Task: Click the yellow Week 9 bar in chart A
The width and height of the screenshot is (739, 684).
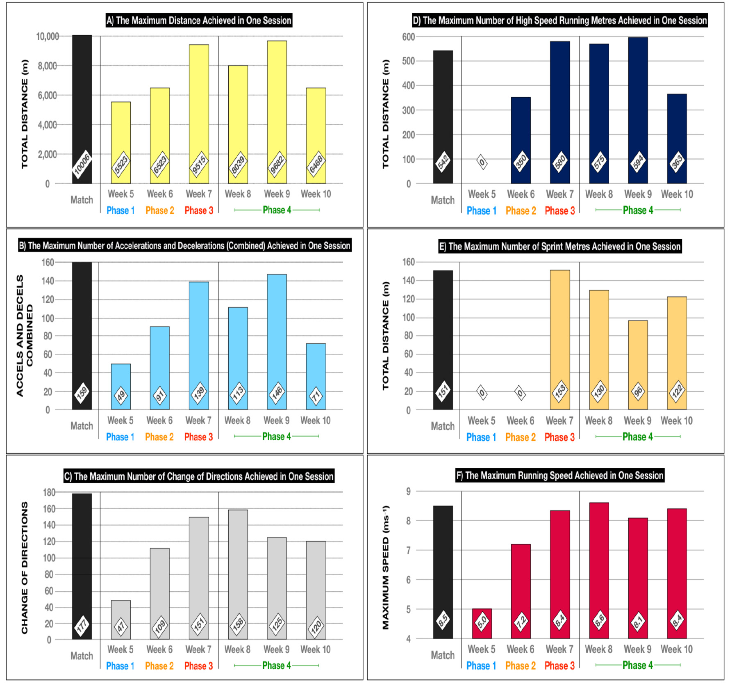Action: (x=277, y=103)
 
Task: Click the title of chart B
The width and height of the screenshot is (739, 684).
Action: (x=184, y=246)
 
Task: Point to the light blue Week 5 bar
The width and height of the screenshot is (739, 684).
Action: (x=121, y=377)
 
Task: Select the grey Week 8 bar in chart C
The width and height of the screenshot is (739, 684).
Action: (x=238, y=566)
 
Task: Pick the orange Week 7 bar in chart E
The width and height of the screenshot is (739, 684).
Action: (x=560, y=328)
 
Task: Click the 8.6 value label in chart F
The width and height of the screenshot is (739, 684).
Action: (x=599, y=619)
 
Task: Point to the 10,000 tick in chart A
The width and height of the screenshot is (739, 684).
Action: (x=48, y=37)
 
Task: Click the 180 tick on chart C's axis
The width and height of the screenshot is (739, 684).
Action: (x=49, y=492)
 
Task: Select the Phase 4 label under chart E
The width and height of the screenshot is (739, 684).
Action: (x=637, y=437)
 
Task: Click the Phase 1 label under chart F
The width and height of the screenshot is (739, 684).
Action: (x=481, y=666)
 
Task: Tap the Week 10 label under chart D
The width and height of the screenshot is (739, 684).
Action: (x=677, y=194)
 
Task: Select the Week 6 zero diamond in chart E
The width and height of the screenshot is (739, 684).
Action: (x=520, y=393)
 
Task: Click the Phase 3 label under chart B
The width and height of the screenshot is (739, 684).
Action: (x=198, y=437)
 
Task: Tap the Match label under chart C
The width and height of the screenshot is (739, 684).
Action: (x=82, y=656)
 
